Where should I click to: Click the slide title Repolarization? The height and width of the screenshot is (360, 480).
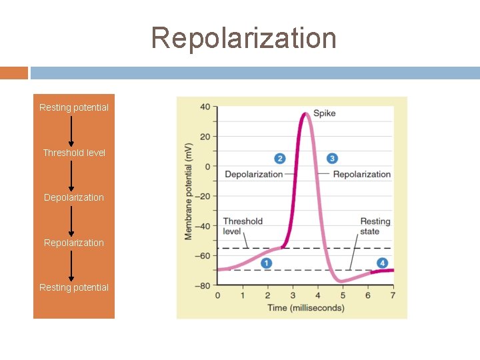click(243, 38)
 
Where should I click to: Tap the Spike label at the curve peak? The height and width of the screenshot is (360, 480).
click(325, 113)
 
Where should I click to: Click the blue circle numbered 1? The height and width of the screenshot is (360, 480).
click(266, 263)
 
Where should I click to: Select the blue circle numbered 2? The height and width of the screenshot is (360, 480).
click(280, 159)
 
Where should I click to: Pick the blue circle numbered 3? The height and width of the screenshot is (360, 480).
click(332, 159)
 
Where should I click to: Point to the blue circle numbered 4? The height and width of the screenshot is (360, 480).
click(382, 263)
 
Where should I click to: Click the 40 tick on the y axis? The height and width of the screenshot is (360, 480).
click(205, 107)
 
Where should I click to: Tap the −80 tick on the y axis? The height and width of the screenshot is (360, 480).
click(203, 285)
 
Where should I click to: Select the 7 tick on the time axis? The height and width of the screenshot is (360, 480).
click(393, 295)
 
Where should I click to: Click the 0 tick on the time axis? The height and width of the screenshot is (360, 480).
click(217, 295)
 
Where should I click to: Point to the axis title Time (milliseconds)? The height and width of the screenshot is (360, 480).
click(306, 307)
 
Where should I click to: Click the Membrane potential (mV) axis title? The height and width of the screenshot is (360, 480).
click(189, 191)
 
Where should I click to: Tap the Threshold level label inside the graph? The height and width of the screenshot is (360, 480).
click(243, 226)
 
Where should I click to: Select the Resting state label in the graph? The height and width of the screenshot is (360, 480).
click(375, 226)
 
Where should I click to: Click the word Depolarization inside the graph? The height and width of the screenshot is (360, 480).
click(253, 175)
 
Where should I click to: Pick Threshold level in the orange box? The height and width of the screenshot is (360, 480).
click(74, 153)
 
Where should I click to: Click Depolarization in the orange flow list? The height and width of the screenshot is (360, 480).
click(74, 197)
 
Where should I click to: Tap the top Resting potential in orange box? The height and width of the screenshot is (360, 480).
click(74, 107)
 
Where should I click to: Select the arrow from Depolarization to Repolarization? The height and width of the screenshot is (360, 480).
click(71, 220)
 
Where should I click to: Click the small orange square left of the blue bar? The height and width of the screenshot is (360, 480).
click(14, 73)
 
